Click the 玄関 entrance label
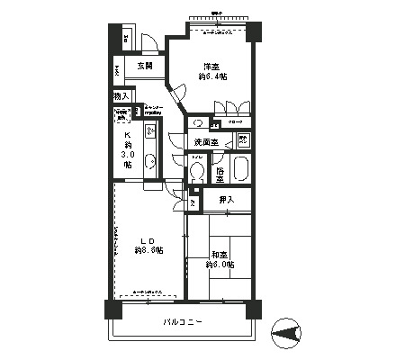145,66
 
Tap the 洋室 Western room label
211,67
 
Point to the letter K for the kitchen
127,136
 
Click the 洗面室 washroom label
206,142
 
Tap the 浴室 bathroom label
220,172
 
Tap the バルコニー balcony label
183,321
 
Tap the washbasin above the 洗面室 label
198,124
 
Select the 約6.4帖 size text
212,77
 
